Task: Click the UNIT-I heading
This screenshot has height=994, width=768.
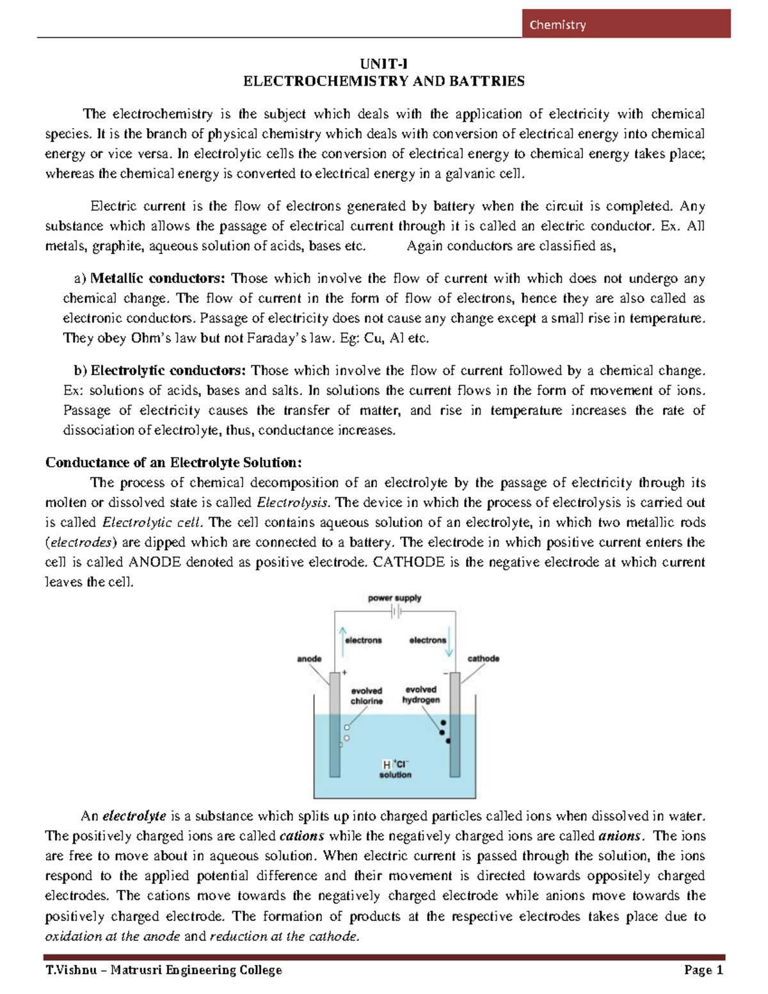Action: (383, 63)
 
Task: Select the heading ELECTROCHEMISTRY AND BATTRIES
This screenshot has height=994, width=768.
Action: (383, 81)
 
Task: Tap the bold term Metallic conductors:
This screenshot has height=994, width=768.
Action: (157, 278)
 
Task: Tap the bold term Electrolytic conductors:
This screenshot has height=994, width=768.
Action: (168, 371)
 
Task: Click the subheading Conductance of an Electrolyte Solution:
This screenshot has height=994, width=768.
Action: (173, 463)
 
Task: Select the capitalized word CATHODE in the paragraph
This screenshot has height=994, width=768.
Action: (408, 562)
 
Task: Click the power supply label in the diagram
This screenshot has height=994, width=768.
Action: (394, 598)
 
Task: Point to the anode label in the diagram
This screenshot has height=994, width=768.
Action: (309, 659)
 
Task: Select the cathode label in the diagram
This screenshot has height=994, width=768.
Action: (483, 658)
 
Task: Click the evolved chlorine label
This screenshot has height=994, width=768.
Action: (367, 696)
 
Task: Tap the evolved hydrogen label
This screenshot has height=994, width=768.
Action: (421, 694)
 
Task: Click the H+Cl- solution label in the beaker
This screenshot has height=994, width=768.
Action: (396, 769)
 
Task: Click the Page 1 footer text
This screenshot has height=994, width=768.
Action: (703, 970)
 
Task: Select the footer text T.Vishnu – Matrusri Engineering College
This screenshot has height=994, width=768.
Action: (164, 970)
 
